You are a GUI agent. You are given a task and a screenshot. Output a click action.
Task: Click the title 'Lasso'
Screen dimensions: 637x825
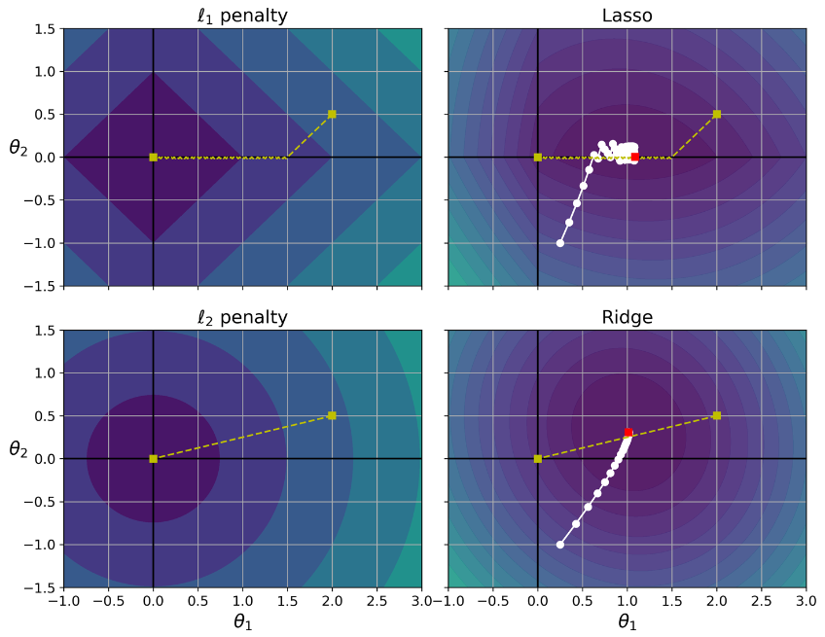pos(627,16)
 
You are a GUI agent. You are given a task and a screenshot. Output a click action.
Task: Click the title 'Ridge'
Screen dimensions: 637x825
pos(627,317)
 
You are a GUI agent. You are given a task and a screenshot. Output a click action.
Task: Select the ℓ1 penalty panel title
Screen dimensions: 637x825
pos(242,16)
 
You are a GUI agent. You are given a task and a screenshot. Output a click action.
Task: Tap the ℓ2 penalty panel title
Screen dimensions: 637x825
pos(242,317)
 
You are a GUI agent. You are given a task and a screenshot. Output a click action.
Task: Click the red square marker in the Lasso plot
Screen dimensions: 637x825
pos(635,157)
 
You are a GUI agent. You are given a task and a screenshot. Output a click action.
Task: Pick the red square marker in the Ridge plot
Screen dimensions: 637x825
pos(628,433)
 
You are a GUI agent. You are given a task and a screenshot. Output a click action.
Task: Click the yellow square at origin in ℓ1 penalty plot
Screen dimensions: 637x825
pos(153,157)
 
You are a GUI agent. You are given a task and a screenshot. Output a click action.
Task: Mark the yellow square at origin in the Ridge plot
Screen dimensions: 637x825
pos(538,458)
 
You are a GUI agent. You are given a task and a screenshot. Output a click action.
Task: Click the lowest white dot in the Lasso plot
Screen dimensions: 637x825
pos(560,243)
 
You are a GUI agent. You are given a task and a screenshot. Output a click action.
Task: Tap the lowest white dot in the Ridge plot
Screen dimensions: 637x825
pos(560,545)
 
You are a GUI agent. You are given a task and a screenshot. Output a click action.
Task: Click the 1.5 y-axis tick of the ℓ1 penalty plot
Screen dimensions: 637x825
pos(43,28)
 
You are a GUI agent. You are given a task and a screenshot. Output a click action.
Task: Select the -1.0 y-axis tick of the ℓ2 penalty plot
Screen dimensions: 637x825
pos(39,545)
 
